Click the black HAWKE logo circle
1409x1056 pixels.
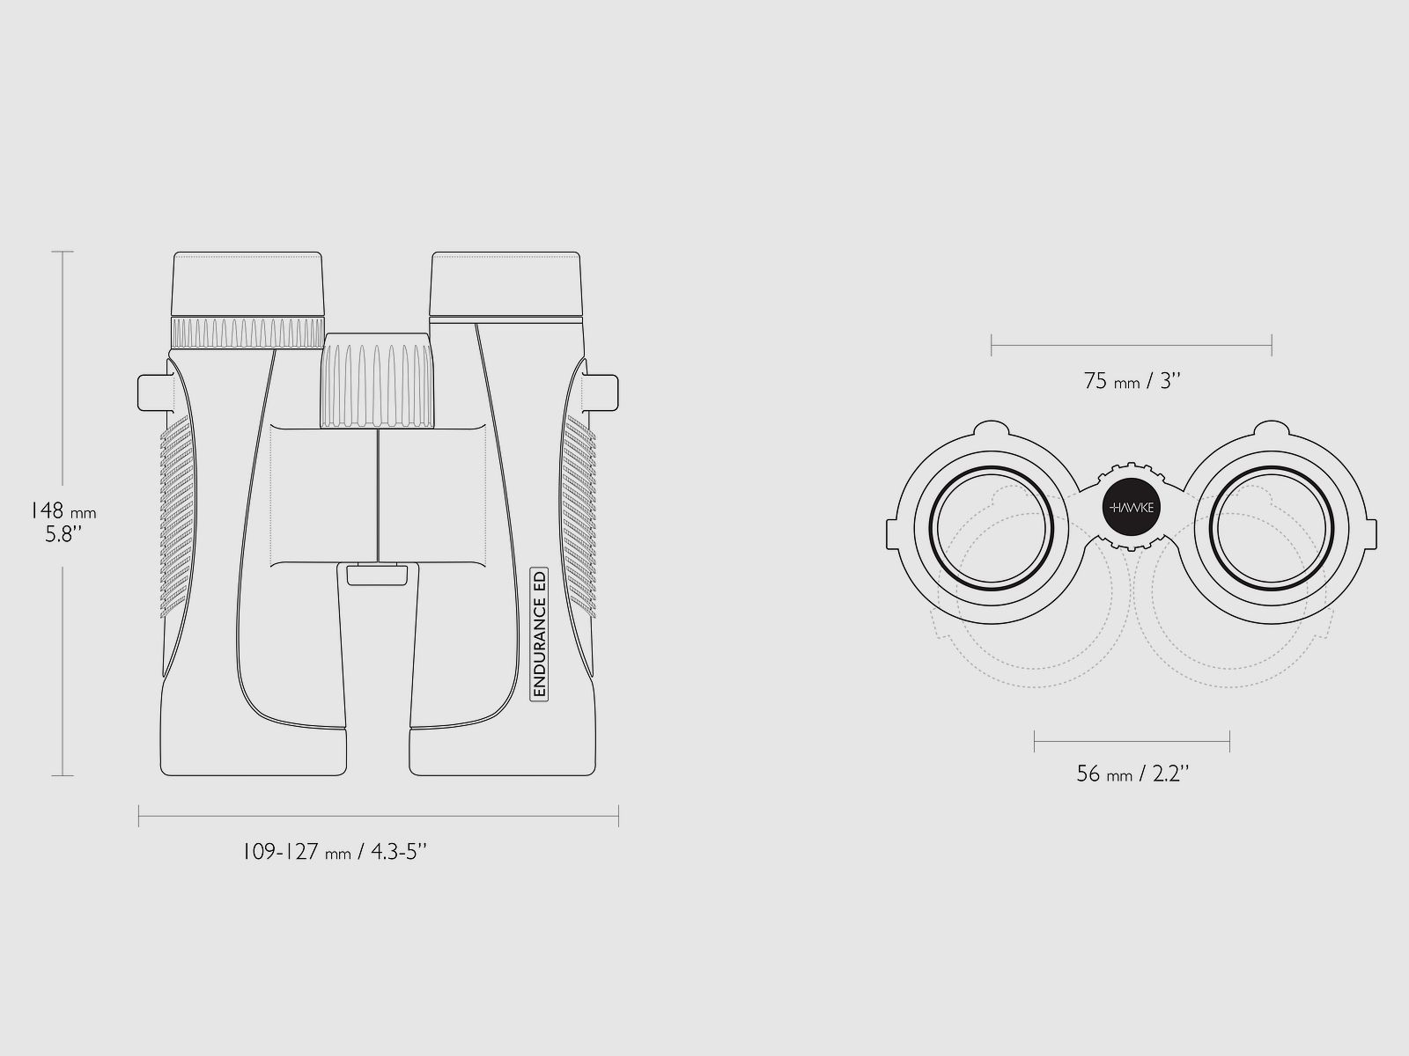tap(1131, 507)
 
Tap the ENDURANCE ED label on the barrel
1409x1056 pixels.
tap(539, 634)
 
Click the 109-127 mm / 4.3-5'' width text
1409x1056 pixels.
tap(335, 852)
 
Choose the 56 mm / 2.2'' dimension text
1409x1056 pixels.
tap(1132, 774)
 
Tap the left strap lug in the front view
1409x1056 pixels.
tap(155, 392)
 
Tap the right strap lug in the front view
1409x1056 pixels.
tap(601, 392)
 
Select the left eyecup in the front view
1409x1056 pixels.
tap(247, 283)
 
